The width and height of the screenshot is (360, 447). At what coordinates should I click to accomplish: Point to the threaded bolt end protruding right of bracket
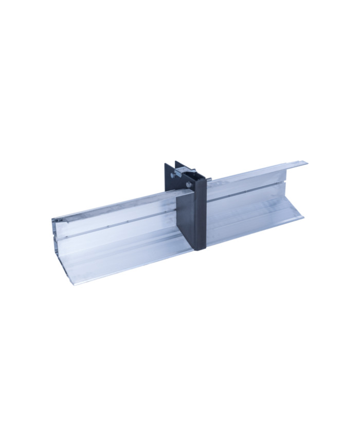coord(209,178)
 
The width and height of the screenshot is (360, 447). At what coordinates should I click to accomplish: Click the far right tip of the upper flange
coord(307,163)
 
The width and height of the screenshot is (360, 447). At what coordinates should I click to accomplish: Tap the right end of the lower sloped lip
coord(302,216)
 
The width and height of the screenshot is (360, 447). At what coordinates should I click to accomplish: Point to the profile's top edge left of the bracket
coord(113,204)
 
